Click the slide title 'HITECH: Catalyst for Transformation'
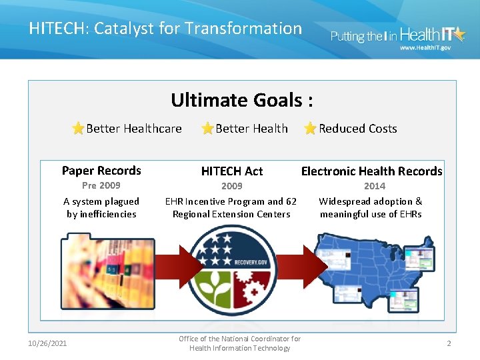(165, 28)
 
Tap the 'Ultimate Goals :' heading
(241, 100)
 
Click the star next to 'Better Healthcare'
(78, 129)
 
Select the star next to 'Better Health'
(207, 129)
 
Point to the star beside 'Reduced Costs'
(310, 129)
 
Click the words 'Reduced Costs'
(357, 129)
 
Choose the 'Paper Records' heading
(101, 171)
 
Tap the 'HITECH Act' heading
(232, 171)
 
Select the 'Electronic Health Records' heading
(371, 171)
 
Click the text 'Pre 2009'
(101, 185)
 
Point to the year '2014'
(374, 186)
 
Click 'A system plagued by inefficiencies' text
(101, 207)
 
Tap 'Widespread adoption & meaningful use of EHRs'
(371, 207)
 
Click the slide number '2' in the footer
(449, 343)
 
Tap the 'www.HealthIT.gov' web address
(425, 47)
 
